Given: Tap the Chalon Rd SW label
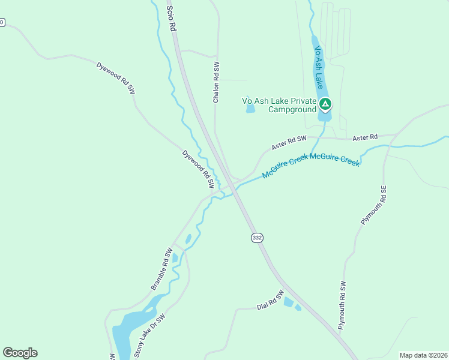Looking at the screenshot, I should [x=216, y=82].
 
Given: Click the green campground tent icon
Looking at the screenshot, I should [x=325, y=105].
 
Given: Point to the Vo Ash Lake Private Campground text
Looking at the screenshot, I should [x=279, y=106].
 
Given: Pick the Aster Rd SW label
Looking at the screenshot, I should [x=289, y=142].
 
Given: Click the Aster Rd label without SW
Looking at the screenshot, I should [x=365, y=137].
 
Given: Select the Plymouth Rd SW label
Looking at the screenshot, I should [x=343, y=305].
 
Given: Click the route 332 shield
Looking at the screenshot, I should [x=257, y=238].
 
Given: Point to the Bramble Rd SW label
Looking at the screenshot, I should [x=161, y=269].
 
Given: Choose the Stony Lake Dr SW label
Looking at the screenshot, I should [x=148, y=336].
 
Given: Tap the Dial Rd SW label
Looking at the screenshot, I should [x=270, y=302].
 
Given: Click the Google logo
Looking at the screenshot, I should [x=20, y=353].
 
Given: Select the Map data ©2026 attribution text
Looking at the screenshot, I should [x=423, y=355].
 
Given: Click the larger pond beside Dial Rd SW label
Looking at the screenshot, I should [x=289, y=302].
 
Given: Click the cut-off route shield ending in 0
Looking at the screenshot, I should [x=2, y=23].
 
